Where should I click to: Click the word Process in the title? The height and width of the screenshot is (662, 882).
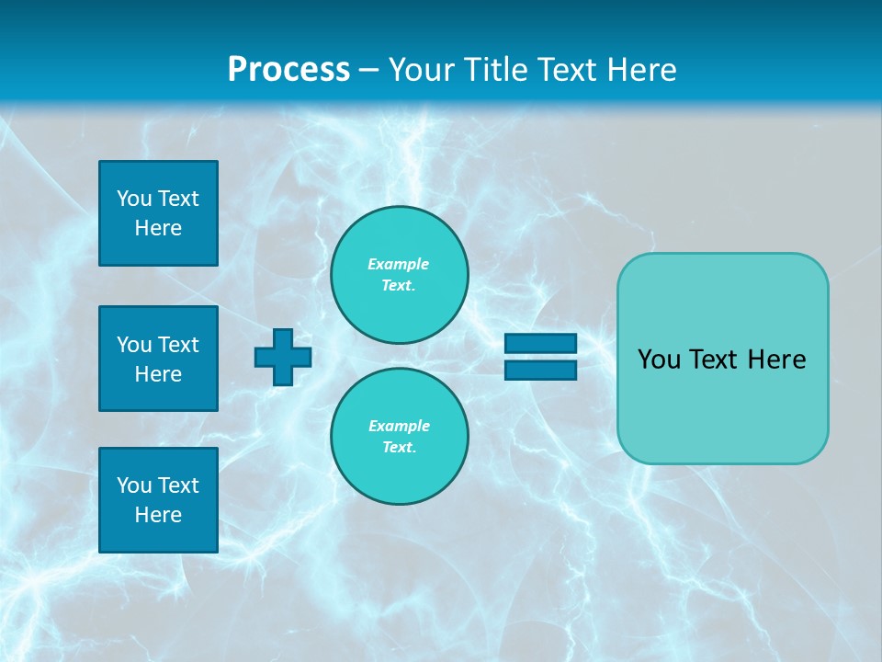pos(288,70)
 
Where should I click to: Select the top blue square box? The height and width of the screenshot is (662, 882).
pos(158,213)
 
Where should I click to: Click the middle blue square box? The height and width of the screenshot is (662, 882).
pos(158,359)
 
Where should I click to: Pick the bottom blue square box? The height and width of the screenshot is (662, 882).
pos(158,499)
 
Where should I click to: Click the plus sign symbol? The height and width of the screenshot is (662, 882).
pos(283,357)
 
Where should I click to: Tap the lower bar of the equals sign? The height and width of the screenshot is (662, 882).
pos(540,371)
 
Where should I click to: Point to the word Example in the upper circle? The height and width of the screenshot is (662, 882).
pos(399,264)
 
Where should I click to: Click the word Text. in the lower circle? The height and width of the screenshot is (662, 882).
pos(400,448)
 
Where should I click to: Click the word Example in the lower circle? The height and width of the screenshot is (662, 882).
pos(399,426)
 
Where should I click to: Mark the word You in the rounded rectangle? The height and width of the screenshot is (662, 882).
pos(659,360)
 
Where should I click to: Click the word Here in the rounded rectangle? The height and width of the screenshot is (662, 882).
pos(776,360)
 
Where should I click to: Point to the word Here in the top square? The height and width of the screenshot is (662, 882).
pos(158,228)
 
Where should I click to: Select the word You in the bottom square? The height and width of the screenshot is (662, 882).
pos(134,485)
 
